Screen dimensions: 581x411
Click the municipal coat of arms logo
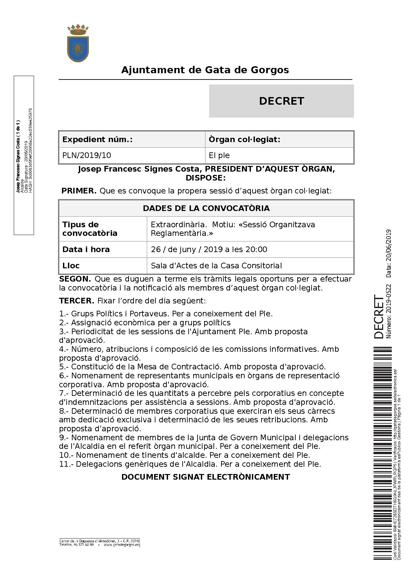pos(78,43)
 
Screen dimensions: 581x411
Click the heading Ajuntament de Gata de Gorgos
pos(205,70)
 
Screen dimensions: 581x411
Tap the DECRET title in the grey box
pos(281,101)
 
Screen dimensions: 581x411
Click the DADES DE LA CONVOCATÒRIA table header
pos(206,208)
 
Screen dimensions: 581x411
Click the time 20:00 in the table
pos(256,249)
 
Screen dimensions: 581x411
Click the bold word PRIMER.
pos(79,191)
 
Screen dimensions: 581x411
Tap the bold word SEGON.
pos(75,279)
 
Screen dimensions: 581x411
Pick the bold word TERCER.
pos(77,301)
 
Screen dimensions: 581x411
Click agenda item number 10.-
pos(66,455)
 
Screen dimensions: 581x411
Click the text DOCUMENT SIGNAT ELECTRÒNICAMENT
pos(206,477)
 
